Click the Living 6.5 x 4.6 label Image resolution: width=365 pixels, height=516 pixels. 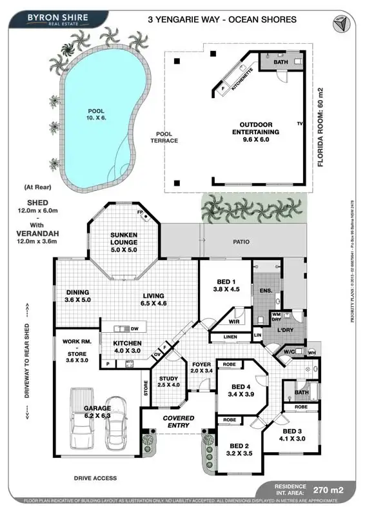click(154, 295)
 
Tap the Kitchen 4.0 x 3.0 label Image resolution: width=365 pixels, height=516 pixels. click(127, 347)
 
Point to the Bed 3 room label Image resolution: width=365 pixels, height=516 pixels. click(292, 435)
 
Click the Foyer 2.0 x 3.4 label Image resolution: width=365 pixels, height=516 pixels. click(201, 368)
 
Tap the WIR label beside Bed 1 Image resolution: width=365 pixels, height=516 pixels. click(234, 321)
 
